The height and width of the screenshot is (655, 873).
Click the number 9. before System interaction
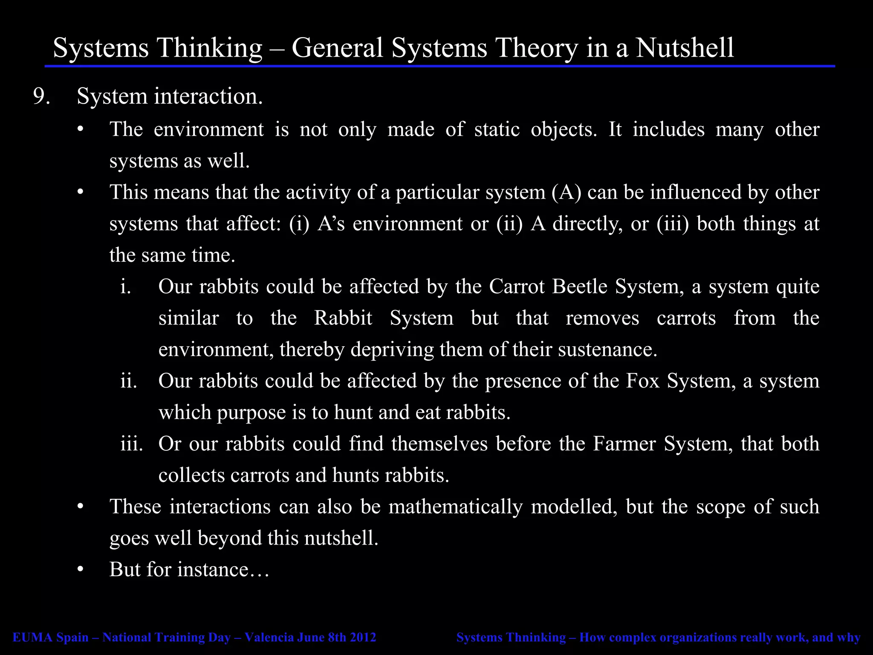[41, 96]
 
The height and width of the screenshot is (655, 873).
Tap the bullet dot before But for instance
[81, 570]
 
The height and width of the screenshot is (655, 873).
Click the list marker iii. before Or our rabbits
[131, 444]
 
